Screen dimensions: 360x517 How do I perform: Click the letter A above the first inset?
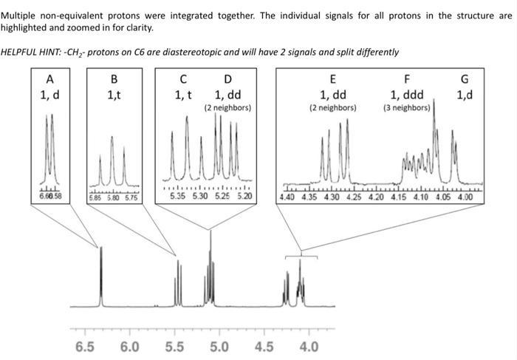49,79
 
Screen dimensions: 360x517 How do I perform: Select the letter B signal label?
113,79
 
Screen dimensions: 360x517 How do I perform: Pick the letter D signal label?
227,79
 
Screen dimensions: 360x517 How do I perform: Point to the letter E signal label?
332,79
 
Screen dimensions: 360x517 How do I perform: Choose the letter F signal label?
406,79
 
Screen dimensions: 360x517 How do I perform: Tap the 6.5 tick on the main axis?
85,347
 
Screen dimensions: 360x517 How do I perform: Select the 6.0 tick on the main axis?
129,347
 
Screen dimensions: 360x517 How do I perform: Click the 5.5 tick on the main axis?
174,347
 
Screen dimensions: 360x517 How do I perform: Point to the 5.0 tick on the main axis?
219,347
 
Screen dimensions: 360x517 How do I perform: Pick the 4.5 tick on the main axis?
264,347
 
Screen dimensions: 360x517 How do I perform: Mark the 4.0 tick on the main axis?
308,347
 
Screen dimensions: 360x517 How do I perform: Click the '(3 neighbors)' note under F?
406,108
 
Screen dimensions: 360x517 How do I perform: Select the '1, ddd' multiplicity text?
406,95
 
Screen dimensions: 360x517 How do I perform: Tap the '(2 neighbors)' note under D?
227,108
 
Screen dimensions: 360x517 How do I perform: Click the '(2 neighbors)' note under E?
332,108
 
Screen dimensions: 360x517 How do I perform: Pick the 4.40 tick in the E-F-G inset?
288,197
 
